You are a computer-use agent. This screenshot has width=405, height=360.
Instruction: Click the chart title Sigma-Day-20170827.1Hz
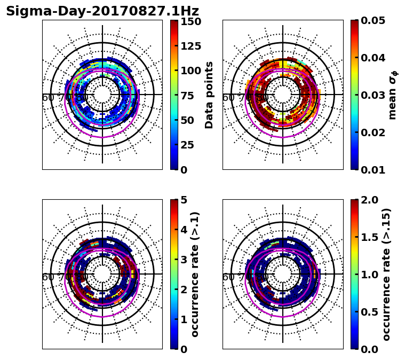pos(102,11)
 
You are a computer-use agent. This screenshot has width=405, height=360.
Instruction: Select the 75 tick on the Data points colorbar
pos(187,96)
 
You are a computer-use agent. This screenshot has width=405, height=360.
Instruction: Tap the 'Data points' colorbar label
pos(209,95)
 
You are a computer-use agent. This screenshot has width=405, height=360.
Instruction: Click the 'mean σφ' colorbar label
pos(393,95)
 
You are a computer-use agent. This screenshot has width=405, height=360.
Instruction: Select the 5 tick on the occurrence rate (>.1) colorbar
pos(184,201)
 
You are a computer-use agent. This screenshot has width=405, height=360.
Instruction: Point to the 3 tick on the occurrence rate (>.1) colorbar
pos(184,260)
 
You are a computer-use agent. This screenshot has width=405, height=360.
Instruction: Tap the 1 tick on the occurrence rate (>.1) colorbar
pos(184,320)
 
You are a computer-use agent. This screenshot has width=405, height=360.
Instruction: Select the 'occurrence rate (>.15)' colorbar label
pos(387,275)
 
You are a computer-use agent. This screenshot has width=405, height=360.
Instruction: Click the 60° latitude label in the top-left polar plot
pos(48,98)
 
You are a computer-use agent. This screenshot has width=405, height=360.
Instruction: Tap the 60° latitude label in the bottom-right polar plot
pos(228,277)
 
